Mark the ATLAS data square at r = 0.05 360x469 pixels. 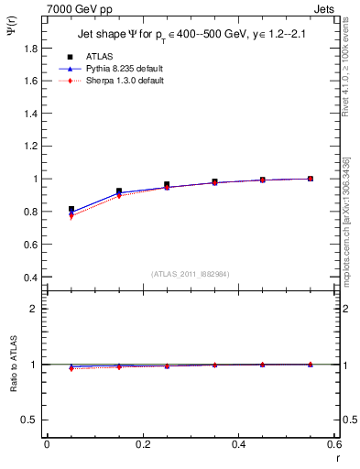(71, 210)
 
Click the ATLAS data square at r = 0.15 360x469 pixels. (119, 191)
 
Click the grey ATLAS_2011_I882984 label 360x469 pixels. (190, 274)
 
